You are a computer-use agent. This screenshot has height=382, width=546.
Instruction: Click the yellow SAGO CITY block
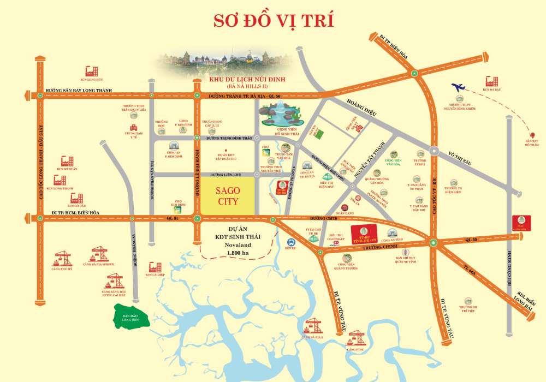point(228,195)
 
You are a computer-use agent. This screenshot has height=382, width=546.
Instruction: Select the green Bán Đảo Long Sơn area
point(131,317)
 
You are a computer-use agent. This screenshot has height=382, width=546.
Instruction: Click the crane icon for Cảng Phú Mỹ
point(63,258)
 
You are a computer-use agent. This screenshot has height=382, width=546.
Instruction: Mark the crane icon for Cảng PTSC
point(357,337)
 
